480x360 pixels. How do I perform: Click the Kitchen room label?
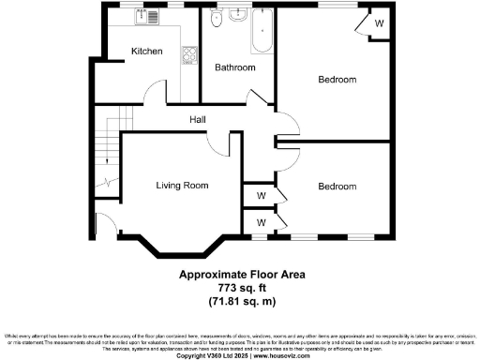[x=147, y=52]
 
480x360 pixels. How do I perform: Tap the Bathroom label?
[x=235, y=67]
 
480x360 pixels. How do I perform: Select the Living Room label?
[x=182, y=186]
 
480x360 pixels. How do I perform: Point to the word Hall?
[x=198, y=119]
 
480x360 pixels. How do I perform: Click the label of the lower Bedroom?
[x=336, y=187]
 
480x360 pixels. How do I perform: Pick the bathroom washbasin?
[x=236, y=18]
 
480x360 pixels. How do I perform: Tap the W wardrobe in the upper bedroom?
[x=377, y=22]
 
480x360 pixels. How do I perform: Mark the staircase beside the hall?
[x=111, y=150]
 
